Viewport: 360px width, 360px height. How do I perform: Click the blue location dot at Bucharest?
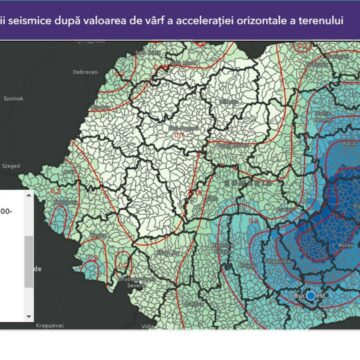(313, 296)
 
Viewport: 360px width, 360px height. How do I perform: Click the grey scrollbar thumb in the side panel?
(29, 250)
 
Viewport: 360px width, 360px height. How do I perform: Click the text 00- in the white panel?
(9, 213)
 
